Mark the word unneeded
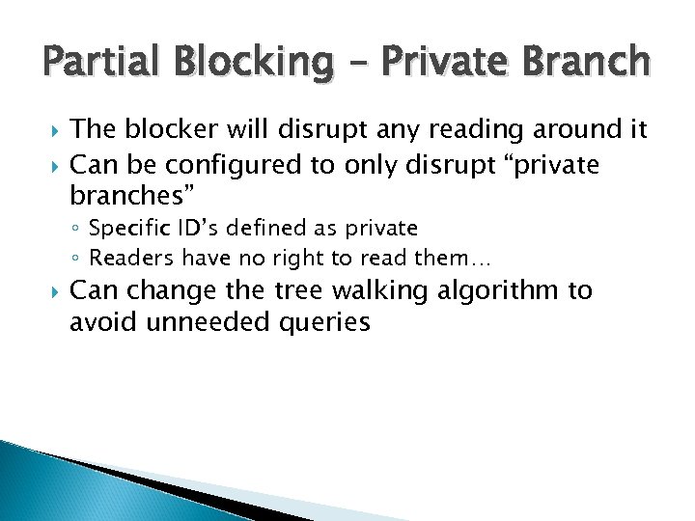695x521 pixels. (x=198, y=321)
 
